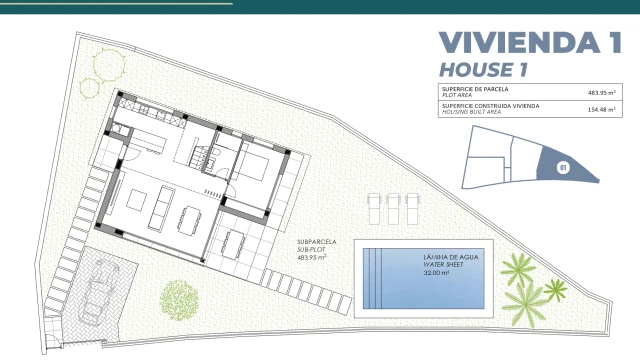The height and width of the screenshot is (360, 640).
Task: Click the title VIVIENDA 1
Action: pos(530,42)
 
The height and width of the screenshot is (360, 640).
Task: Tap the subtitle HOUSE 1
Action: pos(483,70)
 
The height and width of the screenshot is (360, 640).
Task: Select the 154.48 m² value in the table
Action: pos(602,109)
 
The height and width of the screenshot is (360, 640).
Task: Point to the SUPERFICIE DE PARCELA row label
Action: pos(476,89)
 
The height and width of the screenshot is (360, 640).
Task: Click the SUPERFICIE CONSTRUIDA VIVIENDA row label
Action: pos(491,106)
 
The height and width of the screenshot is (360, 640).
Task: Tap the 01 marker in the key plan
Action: pos(563,167)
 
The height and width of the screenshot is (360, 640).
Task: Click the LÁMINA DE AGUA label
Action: pos(451,257)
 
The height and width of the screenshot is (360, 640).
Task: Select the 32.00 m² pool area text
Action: pos(436,273)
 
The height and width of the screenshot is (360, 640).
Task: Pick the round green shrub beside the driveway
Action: pos(179,300)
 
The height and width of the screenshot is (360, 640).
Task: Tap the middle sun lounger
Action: pos(393,209)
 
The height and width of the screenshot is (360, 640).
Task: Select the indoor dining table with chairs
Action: pos(189,221)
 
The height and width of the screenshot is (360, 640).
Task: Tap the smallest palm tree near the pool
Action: pos(556,290)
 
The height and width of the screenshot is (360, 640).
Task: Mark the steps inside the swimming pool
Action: pos(373,278)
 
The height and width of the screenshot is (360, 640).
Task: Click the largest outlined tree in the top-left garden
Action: pos(109,65)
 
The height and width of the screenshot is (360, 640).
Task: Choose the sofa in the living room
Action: pos(161,207)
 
